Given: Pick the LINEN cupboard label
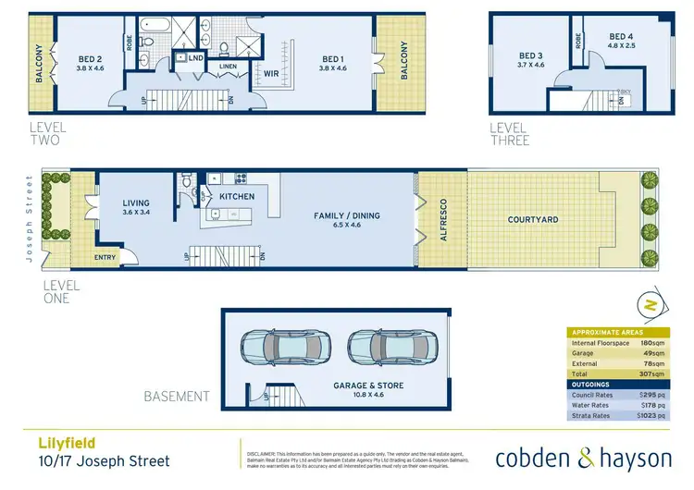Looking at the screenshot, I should (x=229, y=67).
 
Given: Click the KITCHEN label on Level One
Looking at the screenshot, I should (x=236, y=197).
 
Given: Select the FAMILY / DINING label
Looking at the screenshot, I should (x=347, y=215).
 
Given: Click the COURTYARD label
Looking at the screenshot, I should (x=533, y=219).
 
